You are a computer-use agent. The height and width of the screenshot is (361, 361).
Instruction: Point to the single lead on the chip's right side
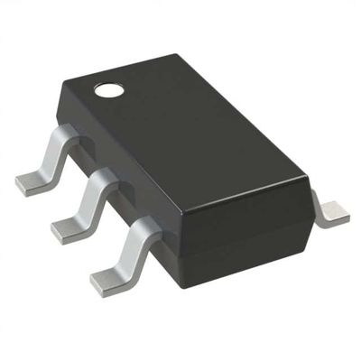tap(331, 211)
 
